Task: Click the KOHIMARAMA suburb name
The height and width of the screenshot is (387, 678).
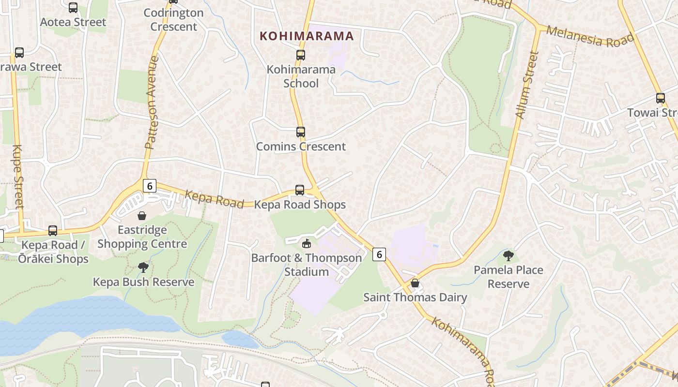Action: point(307,36)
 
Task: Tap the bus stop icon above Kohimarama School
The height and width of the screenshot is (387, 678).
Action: point(301,55)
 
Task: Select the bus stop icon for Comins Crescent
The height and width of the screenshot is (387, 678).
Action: point(301,132)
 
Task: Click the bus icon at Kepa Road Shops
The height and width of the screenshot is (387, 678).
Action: point(300,190)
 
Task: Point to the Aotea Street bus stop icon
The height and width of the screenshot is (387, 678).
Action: point(73,8)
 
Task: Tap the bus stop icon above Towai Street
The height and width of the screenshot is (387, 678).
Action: point(660,98)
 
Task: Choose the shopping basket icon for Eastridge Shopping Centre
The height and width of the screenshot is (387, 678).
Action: point(142,216)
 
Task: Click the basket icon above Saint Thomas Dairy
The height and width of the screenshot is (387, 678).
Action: point(415,283)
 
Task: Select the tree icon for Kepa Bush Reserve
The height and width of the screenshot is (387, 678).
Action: point(143,267)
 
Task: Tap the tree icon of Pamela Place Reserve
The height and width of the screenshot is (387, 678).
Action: point(508,256)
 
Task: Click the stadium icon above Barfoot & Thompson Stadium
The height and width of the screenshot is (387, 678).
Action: point(306,243)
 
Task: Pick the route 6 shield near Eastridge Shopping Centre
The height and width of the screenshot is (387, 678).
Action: point(150,186)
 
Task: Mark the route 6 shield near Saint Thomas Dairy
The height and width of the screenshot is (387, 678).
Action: point(379,254)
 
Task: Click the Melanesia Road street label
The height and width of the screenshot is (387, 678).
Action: point(590,36)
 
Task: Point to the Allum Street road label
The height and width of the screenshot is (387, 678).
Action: point(527,85)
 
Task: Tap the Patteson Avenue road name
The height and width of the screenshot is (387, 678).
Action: point(152,102)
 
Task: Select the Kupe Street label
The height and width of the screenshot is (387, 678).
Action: point(17,177)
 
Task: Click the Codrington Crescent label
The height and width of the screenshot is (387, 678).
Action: point(173,20)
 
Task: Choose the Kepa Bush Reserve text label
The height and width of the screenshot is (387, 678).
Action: point(143,282)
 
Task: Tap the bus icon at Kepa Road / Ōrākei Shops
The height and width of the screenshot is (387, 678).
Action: point(53,231)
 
